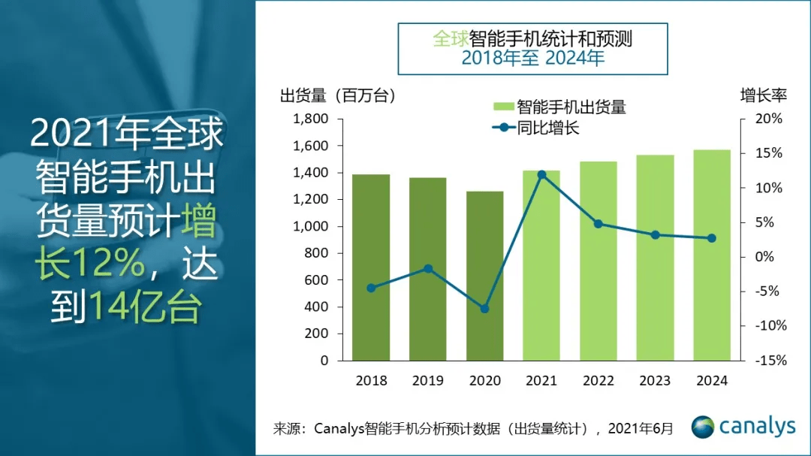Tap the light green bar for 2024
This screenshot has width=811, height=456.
[712, 255]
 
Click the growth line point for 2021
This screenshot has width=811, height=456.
[541, 174]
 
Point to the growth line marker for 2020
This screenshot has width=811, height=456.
[484, 309]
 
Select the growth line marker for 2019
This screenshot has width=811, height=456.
[428, 268]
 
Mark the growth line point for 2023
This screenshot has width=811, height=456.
[655, 235]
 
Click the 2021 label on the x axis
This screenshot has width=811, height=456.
[541, 381]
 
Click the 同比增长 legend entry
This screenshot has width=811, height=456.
[548, 128]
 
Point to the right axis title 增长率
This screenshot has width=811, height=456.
[763, 96]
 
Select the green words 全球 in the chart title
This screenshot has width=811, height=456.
[449, 38]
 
